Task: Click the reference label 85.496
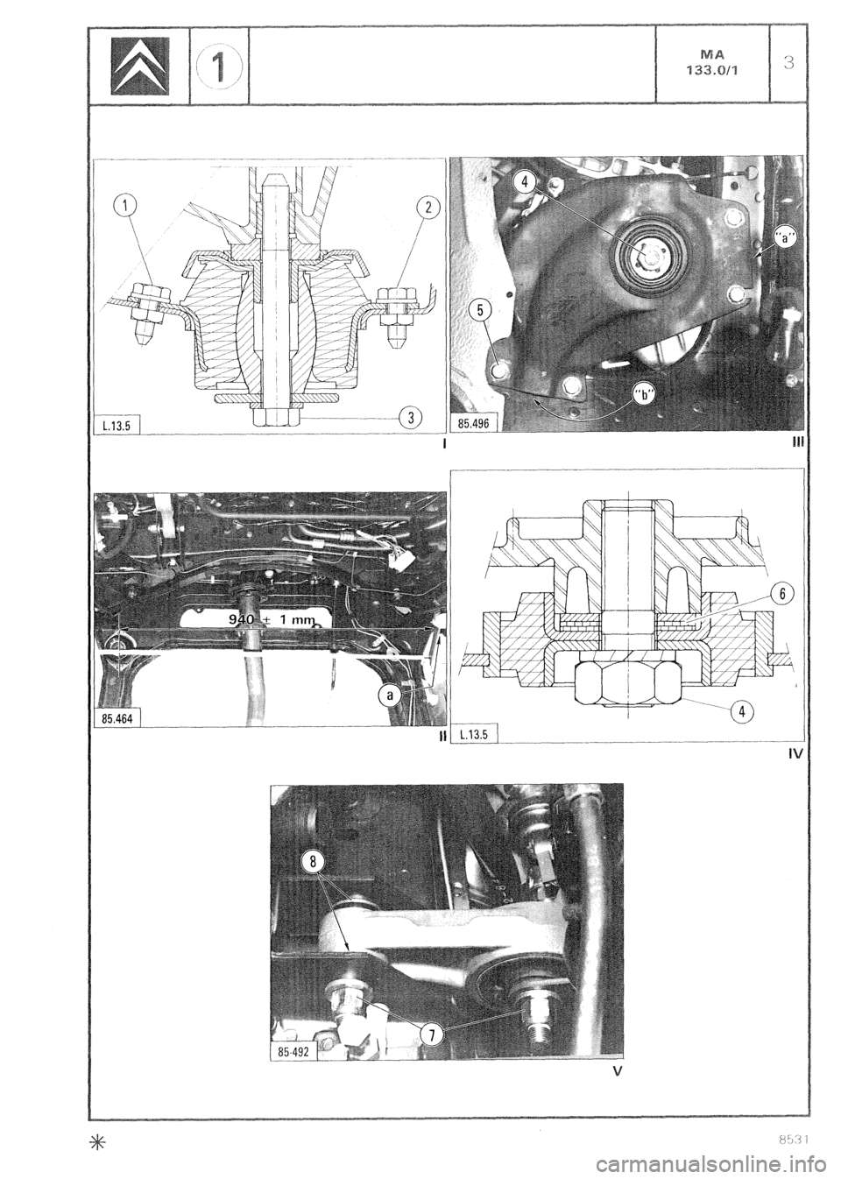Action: click(473, 426)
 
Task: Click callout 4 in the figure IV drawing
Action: click(743, 711)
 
